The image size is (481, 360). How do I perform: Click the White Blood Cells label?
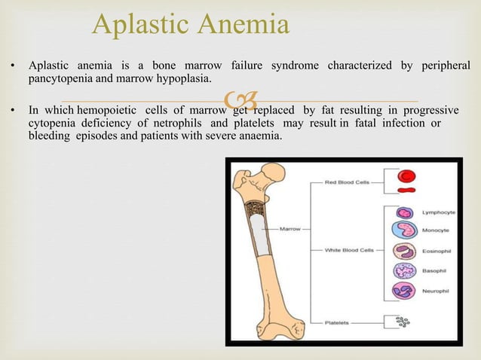[350, 250]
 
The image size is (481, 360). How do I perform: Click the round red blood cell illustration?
[407, 175]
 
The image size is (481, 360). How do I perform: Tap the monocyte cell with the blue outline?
[404, 230]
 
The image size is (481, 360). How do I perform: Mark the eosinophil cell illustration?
[404, 251]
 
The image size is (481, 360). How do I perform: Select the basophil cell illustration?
[404, 271]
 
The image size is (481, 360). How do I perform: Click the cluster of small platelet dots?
[404, 322]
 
